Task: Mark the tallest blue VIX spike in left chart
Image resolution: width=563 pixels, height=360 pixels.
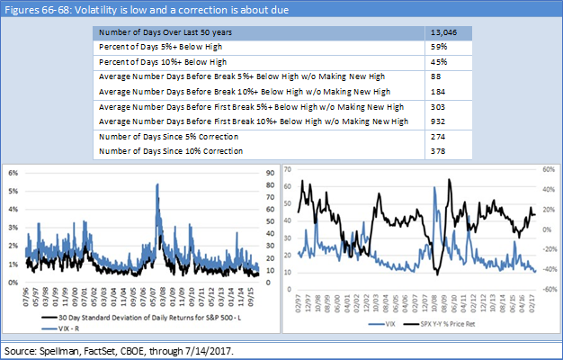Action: tap(158, 184)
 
